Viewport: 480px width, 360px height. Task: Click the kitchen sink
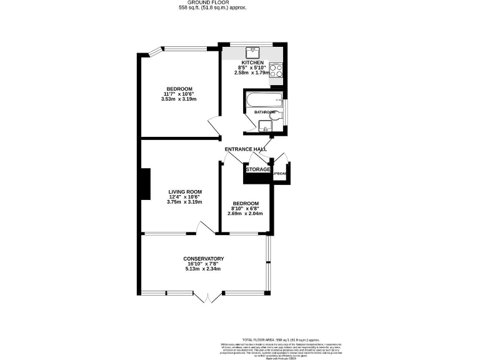click(253, 51)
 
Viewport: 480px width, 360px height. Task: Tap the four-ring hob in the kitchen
click(276, 71)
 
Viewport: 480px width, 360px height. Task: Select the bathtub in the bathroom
click(262, 100)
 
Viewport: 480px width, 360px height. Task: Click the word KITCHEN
click(252, 62)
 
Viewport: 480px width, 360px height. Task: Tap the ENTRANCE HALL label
click(246, 149)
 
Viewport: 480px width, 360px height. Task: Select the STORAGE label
click(257, 169)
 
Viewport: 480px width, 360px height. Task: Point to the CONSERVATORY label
click(203, 259)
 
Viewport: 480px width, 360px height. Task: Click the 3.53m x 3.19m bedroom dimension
click(179, 99)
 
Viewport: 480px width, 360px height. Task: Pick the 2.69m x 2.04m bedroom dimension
click(245, 214)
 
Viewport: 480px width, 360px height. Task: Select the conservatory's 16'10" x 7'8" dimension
click(203, 264)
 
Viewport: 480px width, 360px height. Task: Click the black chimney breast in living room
click(145, 184)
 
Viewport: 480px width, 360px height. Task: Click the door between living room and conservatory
click(204, 229)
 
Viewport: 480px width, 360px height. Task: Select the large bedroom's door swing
click(214, 127)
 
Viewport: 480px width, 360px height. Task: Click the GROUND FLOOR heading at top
click(212, 2)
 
